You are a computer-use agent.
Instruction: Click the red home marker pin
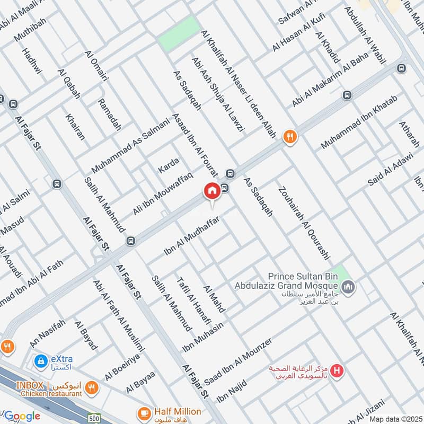click(211, 191)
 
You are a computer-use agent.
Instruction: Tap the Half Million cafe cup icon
click(144, 412)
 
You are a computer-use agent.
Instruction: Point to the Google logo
click(22, 416)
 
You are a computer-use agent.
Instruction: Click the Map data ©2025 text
click(396, 419)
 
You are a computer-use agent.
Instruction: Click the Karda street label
click(169, 165)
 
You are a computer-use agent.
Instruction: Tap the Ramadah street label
click(110, 114)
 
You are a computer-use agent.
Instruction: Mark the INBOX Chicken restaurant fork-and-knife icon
click(92, 388)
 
